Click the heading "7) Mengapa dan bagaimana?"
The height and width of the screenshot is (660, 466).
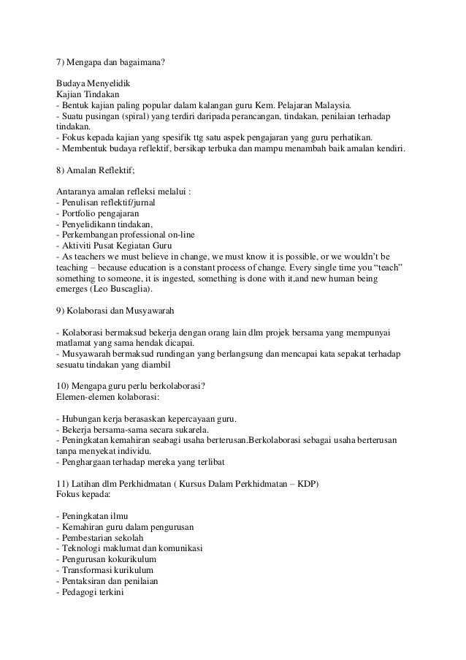(111, 62)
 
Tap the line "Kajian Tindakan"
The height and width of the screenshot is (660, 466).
(88, 95)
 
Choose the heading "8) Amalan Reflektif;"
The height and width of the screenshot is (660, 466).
(99, 170)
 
